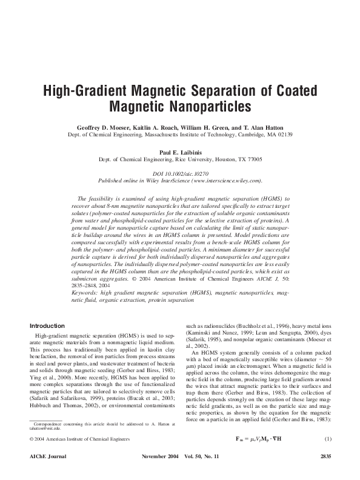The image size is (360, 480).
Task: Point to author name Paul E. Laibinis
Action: click(179, 153)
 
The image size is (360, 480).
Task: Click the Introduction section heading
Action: click(47, 325)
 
